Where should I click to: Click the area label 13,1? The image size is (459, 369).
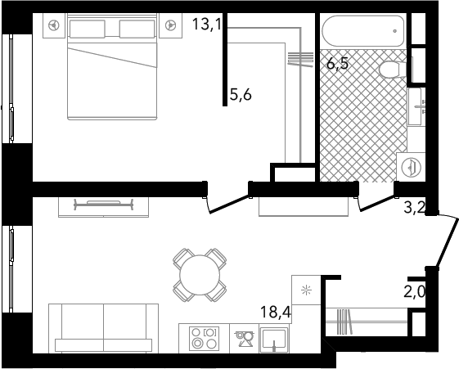(x=207, y=24)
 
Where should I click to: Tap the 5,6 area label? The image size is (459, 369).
(x=241, y=95)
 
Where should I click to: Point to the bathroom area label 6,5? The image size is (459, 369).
(x=338, y=63)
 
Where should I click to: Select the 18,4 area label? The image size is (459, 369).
(x=275, y=312)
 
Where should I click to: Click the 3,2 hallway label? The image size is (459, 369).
(x=415, y=207)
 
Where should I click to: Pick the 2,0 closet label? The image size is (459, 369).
(x=415, y=291)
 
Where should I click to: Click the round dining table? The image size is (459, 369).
(x=200, y=275)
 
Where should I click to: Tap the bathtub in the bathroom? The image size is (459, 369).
(x=363, y=30)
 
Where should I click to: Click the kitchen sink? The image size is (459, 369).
(x=274, y=340)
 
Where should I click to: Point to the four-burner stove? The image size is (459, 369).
(x=204, y=338)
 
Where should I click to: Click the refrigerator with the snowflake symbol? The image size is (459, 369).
(x=307, y=290)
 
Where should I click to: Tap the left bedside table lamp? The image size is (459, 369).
(x=54, y=25)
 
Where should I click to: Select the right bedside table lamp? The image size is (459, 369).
(x=170, y=25)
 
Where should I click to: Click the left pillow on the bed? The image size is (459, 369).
(x=87, y=29)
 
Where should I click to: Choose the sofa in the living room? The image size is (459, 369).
(x=104, y=328)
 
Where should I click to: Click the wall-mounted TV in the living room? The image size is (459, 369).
(x=104, y=204)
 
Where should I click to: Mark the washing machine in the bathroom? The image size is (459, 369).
(x=411, y=167)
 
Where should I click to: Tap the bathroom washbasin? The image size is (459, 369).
(x=416, y=107)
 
